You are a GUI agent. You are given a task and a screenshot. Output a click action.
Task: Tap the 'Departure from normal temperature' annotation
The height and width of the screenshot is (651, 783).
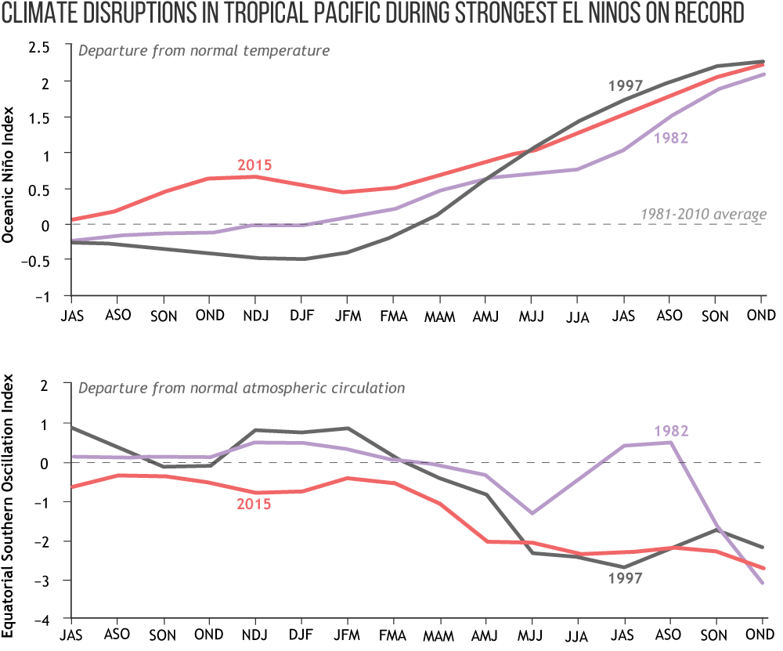click(x=204, y=52)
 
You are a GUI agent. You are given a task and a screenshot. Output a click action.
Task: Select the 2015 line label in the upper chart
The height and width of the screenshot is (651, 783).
click(x=254, y=165)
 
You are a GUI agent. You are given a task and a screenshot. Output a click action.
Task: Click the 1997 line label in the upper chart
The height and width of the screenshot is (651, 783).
click(x=625, y=85)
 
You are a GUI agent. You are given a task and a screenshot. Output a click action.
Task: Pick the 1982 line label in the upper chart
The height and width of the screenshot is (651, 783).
click(x=671, y=138)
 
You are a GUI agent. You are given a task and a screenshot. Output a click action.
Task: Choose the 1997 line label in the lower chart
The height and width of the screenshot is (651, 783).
click(x=625, y=578)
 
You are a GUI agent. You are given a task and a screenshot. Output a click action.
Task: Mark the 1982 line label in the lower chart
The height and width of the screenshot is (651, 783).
click(x=671, y=430)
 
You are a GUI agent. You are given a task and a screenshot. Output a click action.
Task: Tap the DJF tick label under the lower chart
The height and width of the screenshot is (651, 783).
click(x=301, y=634)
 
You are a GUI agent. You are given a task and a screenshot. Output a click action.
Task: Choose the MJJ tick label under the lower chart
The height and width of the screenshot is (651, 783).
click(x=532, y=634)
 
